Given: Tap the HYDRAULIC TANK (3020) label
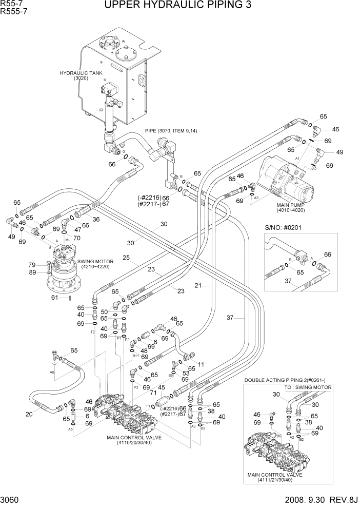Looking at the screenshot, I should [81, 75].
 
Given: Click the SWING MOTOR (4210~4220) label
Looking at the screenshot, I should [95, 264].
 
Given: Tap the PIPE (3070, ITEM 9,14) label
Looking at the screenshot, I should [171, 131].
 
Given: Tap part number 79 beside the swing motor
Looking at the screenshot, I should [31, 265].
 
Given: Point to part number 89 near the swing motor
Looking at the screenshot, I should [31, 272].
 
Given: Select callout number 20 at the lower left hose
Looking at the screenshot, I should [29, 414].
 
